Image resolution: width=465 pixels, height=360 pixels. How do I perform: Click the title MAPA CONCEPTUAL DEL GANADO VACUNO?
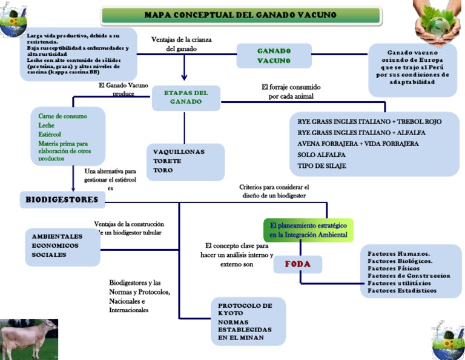(x=240, y=15)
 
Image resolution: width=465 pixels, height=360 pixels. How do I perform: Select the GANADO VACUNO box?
(x=274, y=56)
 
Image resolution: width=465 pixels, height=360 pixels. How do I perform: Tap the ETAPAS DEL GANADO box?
(x=185, y=98)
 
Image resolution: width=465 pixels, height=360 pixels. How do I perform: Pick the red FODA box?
(x=297, y=264)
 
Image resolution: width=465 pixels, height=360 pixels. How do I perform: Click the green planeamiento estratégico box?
(x=308, y=230)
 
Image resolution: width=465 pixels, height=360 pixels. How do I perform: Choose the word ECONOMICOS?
(x=55, y=245)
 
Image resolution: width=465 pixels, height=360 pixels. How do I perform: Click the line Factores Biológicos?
(x=400, y=261)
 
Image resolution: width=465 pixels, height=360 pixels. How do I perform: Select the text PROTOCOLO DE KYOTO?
(x=245, y=309)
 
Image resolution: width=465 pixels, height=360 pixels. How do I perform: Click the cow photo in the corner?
(x=29, y=339)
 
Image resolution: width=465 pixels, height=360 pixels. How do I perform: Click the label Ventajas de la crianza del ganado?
(x=181, y=44)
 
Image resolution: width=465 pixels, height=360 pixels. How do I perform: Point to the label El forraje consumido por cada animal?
(x=291, y=92)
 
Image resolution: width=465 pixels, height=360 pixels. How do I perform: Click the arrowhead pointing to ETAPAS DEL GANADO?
(x=184, y=77)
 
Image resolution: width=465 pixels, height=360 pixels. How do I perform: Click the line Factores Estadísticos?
(x=401, y=290)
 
